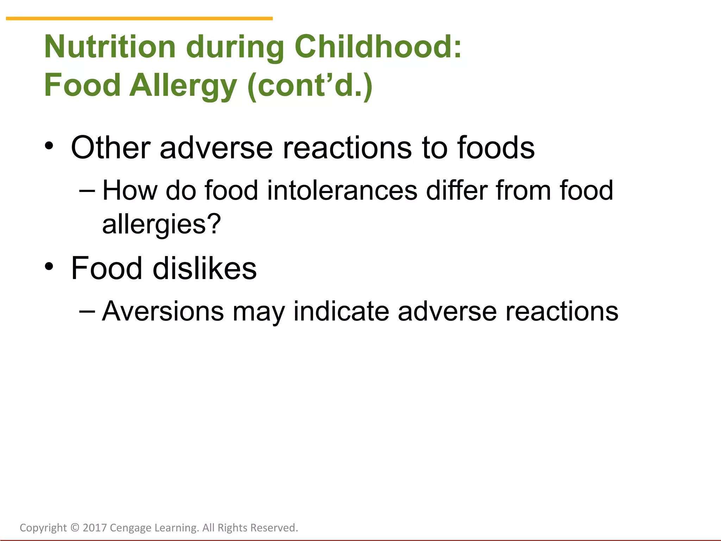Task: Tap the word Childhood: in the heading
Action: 378,47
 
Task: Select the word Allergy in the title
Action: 183,86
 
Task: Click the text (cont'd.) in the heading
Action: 310,86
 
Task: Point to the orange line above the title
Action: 139,18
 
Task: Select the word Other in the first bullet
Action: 111,148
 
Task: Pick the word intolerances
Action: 342,191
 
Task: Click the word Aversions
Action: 163,311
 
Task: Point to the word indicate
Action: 341,311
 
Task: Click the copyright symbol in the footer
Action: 75,528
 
